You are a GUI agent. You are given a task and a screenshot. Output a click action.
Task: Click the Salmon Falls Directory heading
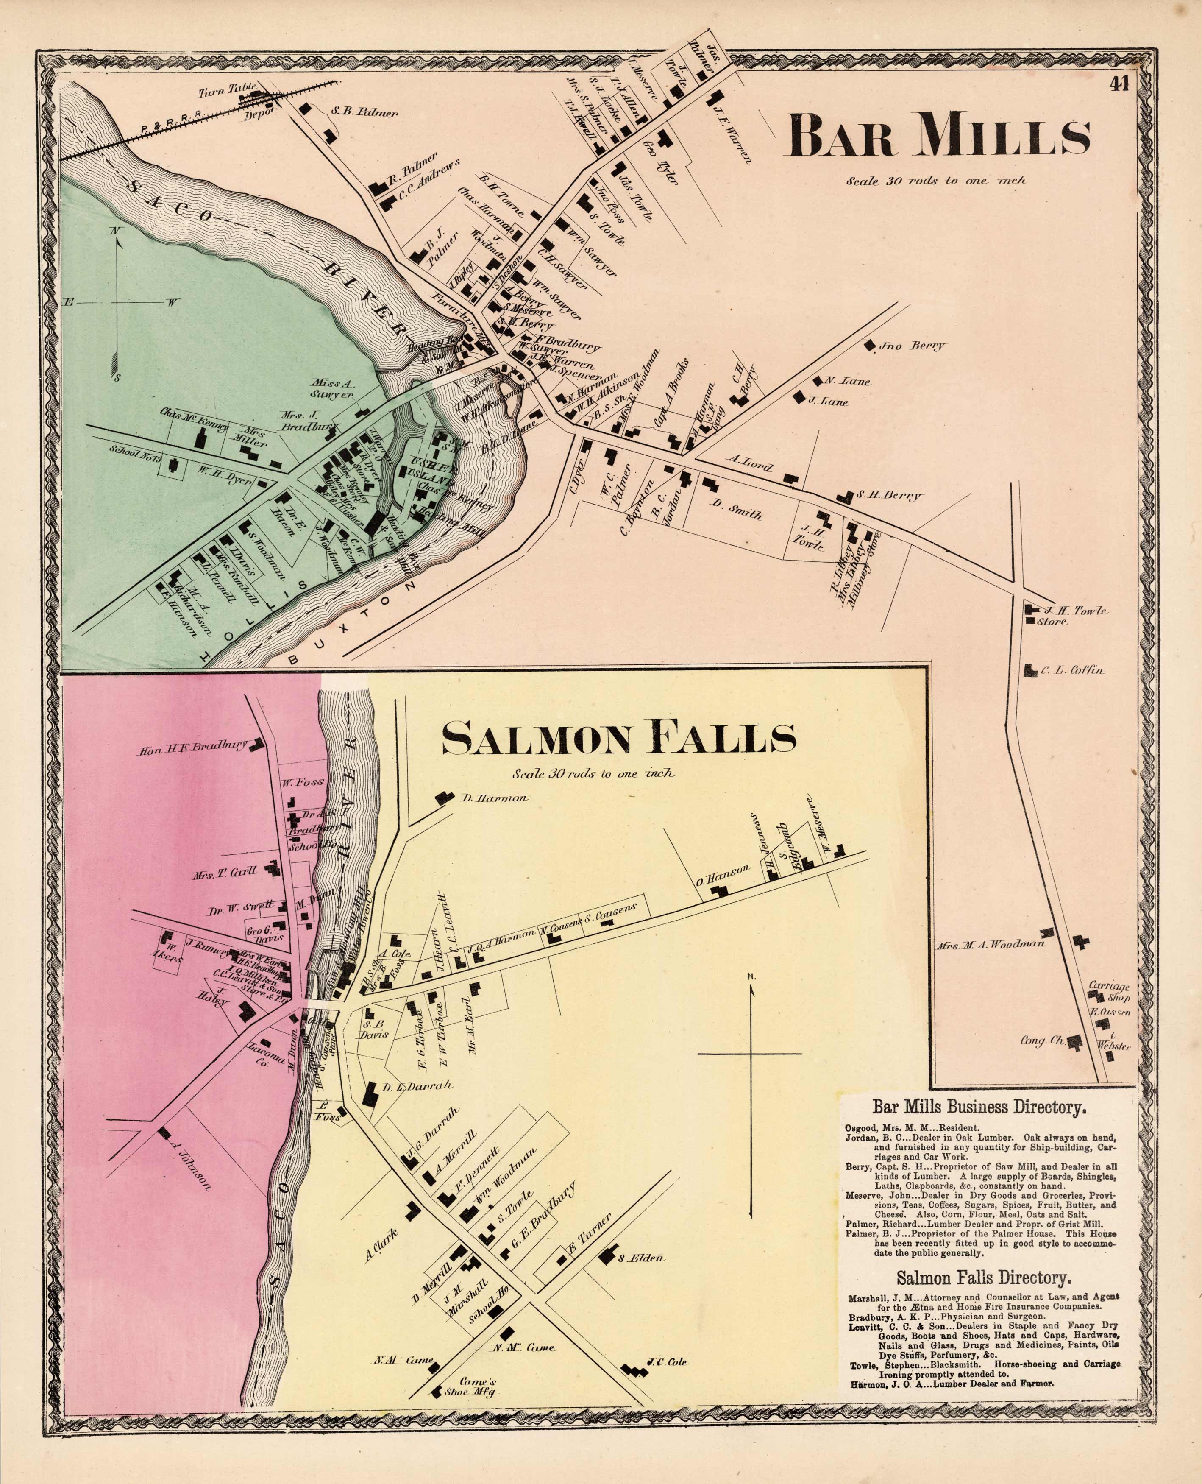[984, 1277]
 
